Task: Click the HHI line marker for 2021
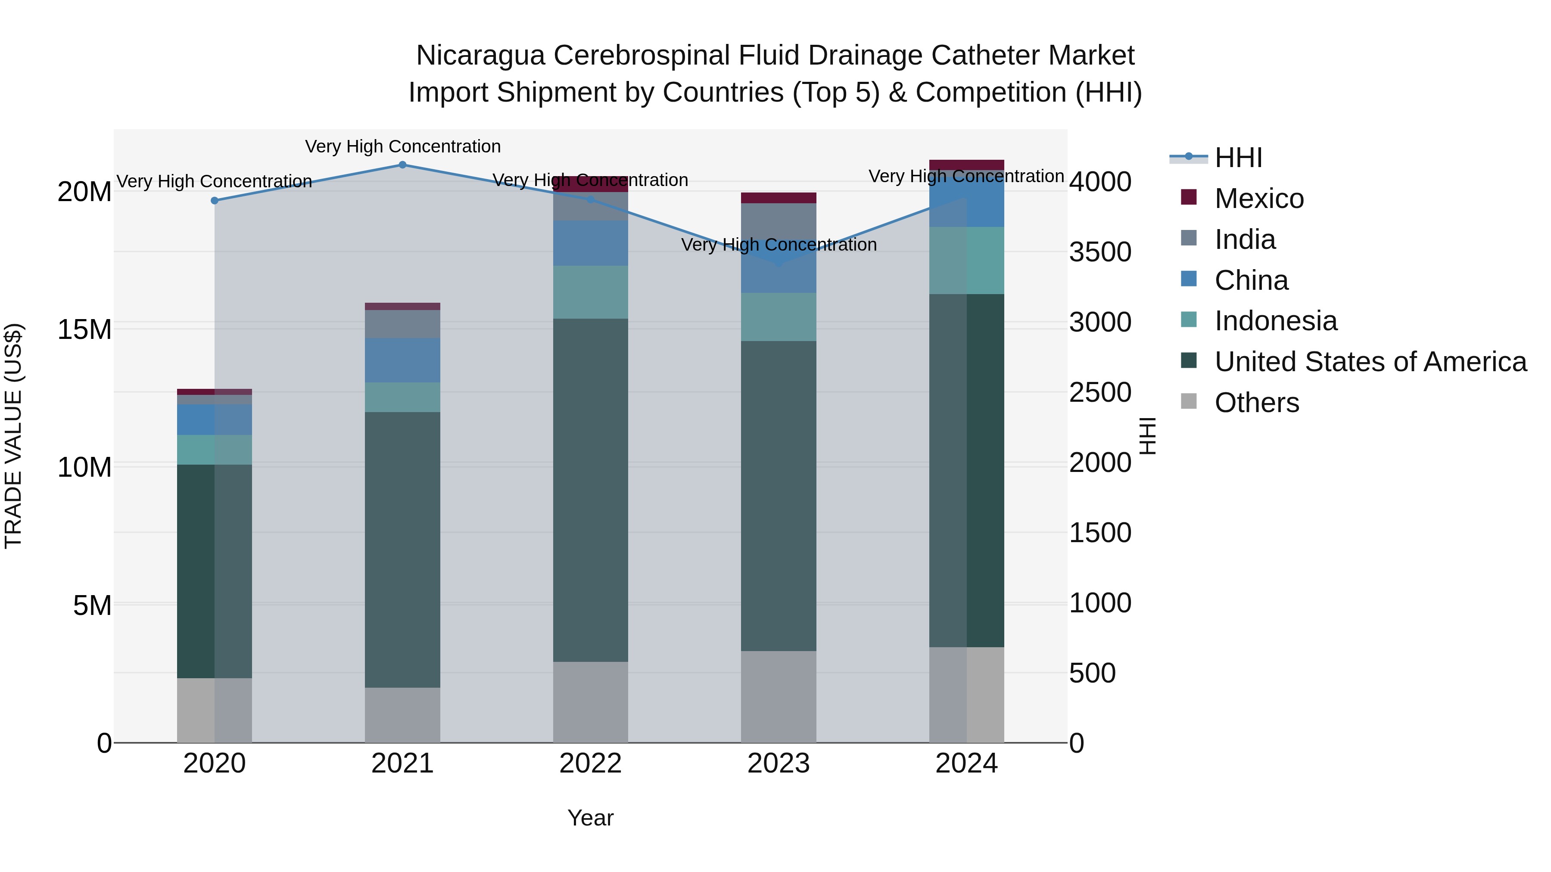pos(402,165)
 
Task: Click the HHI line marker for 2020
pos(215,200)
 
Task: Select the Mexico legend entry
pos(1258,199)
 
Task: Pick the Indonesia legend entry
pos(1275,321)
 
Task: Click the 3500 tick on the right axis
pos(1099,252)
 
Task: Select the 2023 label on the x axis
pos(779,763)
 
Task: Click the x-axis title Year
pos(590,818)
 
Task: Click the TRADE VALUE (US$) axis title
pos(13,436)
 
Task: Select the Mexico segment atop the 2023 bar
pos(779,198)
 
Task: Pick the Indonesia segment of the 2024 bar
pos(966,260)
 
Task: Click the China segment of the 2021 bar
pos(402,360)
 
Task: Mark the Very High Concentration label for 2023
pos(779,245)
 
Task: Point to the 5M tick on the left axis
pos(92,605)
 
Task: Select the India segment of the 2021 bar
pos(402,324)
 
